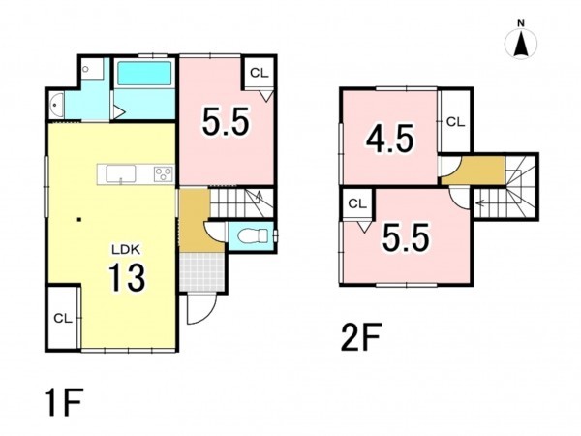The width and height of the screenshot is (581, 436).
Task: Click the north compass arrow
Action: pyautogui.click(x=521, y=44)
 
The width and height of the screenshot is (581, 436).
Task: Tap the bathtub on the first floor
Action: pyautogui.click(x=144, y=75)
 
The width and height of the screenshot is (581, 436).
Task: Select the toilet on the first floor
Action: pyautogui.click(x=253, y=235)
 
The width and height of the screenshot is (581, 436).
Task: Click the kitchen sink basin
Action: pyautogui.click(x=121, y=173)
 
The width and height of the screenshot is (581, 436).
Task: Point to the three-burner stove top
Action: pyautogui.click(x=164, y=173)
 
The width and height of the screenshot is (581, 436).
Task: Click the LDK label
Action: pyautogui.click(x=126, y=250)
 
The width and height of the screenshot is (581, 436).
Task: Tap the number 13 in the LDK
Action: pyautogui.click(x=127, y=277)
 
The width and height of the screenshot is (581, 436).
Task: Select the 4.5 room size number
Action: pyautogui.click(x=389, y=139)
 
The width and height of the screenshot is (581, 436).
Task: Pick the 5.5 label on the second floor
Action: pyautogui.click(x=406, y=237)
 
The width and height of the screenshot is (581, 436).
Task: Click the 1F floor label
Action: pyautogui.click(x=63, y=402)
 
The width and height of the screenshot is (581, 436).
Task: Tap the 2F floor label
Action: pyautogui.click(x=360, y=336)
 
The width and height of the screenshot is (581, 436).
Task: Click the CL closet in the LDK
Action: pyautogui.click(x=63, y=318)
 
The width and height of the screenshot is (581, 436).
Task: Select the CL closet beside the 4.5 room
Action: pyautogui.click(x=455, y=122)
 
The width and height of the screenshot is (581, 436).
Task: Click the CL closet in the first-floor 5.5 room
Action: pyautogui.click(x=259, y=73)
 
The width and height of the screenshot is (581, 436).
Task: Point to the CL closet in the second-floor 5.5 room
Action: pyautogui.click(x=357, y=203)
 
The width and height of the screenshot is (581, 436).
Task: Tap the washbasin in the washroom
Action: pyautogui.click(x=56, y=104)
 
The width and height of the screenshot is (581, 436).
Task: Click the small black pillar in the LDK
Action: pyautogui.click(x=78, y=220)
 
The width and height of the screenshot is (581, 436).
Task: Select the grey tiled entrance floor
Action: pyautogui.click(x=202, y=272)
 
